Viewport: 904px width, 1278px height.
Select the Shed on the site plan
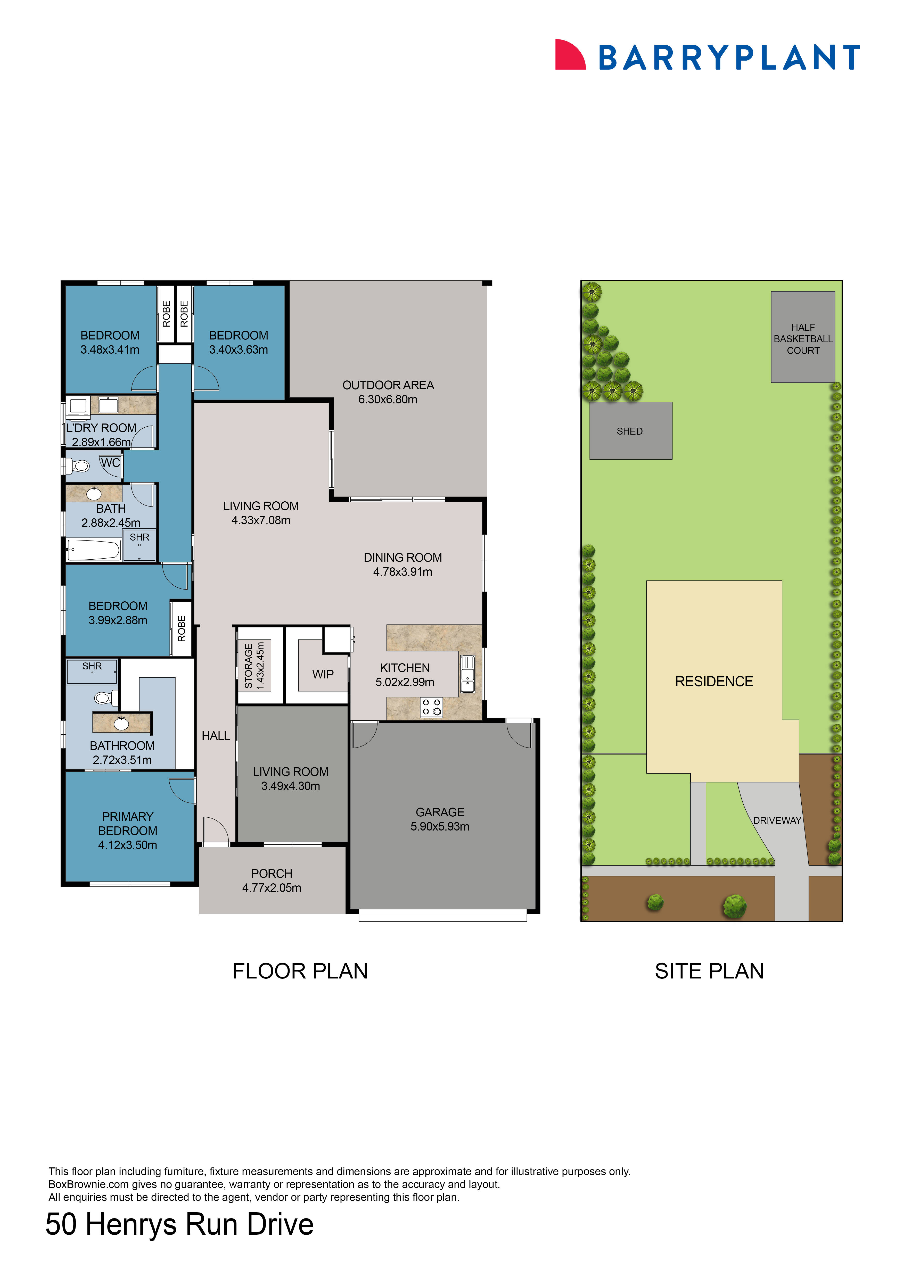tap(630, 431)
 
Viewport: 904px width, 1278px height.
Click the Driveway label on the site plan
tap(777, 820)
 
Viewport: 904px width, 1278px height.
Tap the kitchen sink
tap(467, 674)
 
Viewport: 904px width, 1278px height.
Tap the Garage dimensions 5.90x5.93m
tap(440, 827)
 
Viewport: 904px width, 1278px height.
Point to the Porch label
tap(272, 873)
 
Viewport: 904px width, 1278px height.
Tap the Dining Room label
tap(402, 558)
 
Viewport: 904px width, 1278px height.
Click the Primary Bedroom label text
tap(127, 824)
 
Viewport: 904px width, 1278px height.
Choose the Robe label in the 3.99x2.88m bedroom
tap(182, 628)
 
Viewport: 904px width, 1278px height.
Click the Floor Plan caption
tap(300, 971)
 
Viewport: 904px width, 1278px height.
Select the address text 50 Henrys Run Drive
tap(179, 1225)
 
